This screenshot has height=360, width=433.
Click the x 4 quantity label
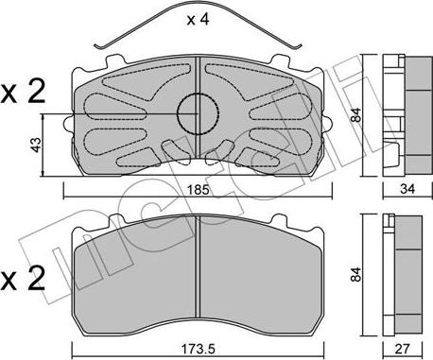[198, 20]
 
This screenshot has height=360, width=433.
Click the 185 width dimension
[198, 190]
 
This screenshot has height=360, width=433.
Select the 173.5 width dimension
[199, 349]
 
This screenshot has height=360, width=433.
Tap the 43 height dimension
[36, 145]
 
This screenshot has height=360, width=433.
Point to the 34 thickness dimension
[407, 189]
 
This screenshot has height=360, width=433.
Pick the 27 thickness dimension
[403, 349]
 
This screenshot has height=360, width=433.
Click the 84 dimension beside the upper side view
[355, 115]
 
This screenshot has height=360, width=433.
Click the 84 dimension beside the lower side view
[355, 274]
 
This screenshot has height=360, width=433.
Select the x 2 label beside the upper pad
[23, 94]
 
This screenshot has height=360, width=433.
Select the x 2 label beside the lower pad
[23, 278]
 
